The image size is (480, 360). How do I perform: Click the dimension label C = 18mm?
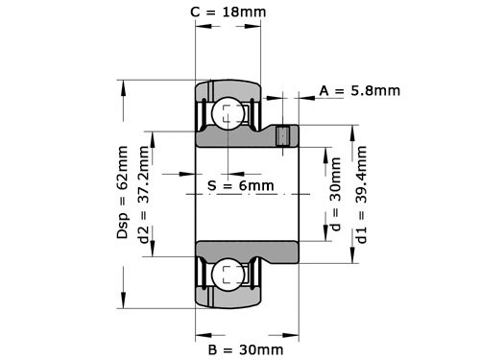click(228, 12)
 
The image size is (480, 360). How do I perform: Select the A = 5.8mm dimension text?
click(359, 91)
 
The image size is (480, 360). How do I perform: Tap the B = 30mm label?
click(245, 348)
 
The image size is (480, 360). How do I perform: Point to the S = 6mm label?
click(240, 184)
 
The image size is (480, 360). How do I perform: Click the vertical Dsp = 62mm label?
click(122, 193)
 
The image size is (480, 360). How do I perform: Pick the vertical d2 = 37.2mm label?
click(144, 197)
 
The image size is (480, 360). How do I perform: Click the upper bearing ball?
click(228, 113)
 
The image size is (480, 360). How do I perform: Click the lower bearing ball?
click(228, 273)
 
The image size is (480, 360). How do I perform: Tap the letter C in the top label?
click(196, 12)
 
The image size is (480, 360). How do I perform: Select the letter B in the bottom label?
click(212, 348)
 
